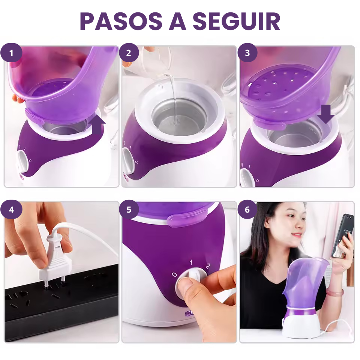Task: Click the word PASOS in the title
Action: (121, 21)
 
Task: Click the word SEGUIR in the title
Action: (237, 21)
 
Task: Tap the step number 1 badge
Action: (11, 52)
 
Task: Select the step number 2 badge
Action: (129, 52)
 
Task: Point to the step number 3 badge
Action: (247, 52)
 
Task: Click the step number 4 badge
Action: (11, 210)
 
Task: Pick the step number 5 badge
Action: (129, 210)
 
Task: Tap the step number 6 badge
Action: (247, 210)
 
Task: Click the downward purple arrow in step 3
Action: (326, 114)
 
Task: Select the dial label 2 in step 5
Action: (208, 266)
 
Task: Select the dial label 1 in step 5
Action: (191, 262)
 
